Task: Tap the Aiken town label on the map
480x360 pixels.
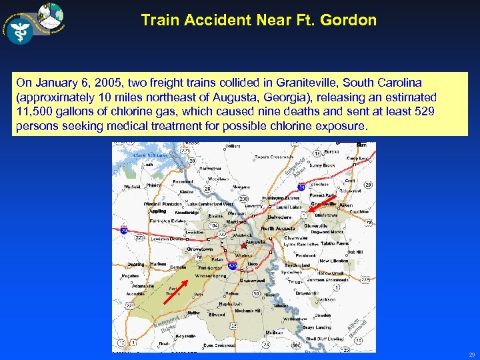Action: (345, 206)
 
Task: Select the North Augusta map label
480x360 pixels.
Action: (277, 228)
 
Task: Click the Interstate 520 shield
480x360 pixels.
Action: (233, 265)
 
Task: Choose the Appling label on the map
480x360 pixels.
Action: (157, 210)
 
